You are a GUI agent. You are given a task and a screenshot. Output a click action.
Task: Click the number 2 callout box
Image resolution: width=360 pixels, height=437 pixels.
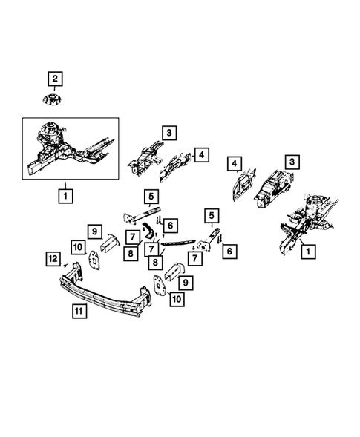click(x=56, y=78)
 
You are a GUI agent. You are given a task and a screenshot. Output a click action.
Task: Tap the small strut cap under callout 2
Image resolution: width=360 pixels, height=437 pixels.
click(x=55, y=100)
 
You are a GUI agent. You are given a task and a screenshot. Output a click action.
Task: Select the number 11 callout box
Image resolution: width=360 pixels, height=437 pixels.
click(x=79, y=312)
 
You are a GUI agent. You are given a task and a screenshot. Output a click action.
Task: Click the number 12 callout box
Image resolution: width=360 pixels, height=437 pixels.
click(x=52, y=258)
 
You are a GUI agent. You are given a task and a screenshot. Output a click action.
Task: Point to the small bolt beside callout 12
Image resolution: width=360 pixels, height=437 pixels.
click(x=66, y=265)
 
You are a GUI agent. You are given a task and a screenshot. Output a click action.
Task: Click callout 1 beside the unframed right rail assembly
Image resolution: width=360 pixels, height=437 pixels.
click(x=307, y=253)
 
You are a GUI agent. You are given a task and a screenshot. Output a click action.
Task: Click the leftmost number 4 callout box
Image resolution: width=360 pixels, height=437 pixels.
click(x=202, y=155)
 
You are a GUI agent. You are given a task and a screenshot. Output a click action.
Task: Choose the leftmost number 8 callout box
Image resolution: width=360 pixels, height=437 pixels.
click(x=131, y=253)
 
